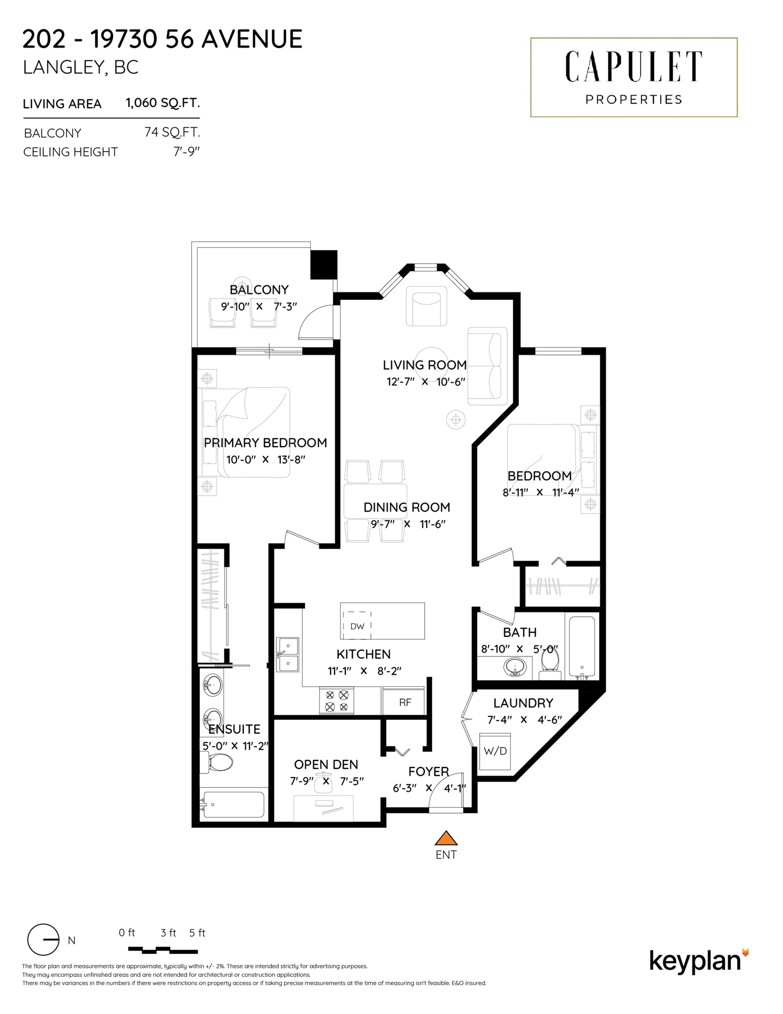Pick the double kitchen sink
point(288,655)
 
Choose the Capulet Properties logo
point(634,77)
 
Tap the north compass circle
point(43,940)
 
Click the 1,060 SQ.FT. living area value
point(163,103)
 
